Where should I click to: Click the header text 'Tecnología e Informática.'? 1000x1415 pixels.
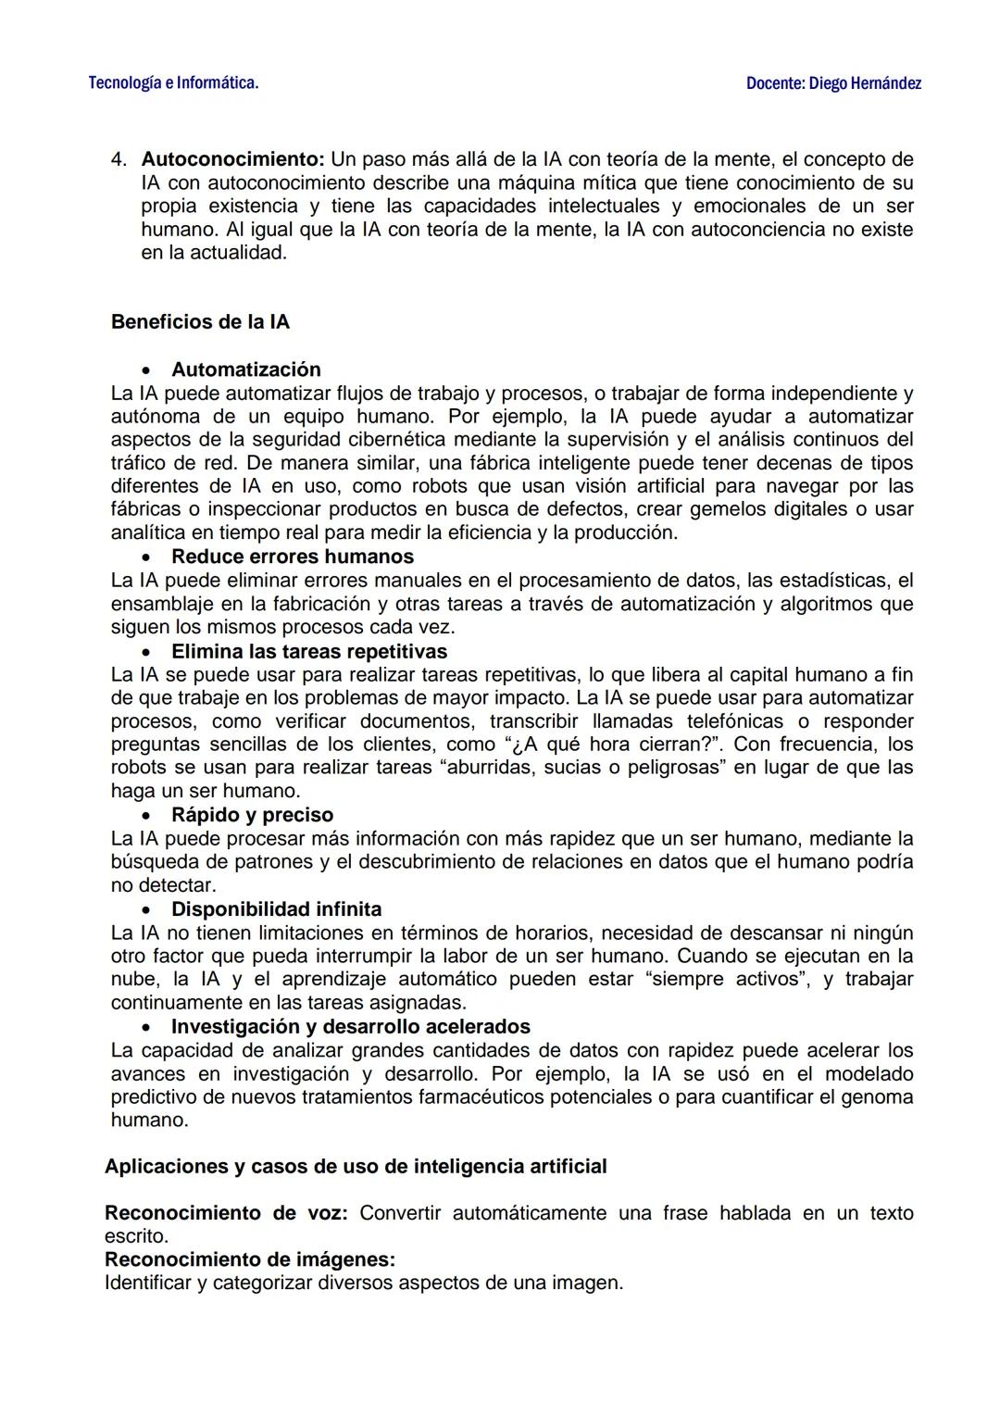point(173,83)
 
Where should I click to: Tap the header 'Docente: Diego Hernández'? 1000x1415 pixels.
point(833,83)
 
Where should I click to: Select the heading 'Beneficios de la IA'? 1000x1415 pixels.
point(200,322)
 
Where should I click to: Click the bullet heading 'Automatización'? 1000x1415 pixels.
point(245,369)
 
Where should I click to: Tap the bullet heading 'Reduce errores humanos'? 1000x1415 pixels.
point(292,557)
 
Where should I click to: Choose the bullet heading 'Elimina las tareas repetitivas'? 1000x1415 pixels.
point(308,651)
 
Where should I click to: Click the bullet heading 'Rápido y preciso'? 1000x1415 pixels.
point(252,815)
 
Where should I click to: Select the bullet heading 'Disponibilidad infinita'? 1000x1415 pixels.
point(276,909)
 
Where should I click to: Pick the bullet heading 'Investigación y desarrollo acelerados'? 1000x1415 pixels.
point(350,1027)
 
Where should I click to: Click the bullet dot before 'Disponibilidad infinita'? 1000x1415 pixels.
point(146,910)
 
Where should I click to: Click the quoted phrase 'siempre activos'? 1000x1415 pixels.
point(724,979)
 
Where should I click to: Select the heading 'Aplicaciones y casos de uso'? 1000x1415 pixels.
point(356,1167)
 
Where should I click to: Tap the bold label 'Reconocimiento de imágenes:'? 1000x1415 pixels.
point(250,1259)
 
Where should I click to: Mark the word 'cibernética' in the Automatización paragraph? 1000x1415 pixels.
point(395,439)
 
